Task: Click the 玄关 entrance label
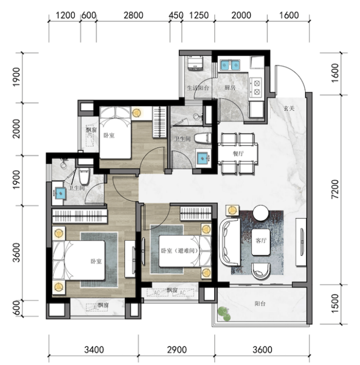pyautogui.click(x=290, y=108)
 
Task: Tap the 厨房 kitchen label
pyautogui.click(x=230, y=88)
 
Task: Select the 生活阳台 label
pyautogui.click(x=198, y=88)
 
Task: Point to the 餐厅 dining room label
pyautogui.click(x=238, y=153)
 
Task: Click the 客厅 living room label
pyautogui.click(x=261, y=241)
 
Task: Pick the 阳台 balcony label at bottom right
pyautogui.click(x=260, y=304)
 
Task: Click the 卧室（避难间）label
pyautogui.click(x=180, y=251)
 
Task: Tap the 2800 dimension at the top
pyautogui.click(x=133, y=16)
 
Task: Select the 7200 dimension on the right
pyautogui.click(x=335, y=189)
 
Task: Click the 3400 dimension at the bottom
pyautogui.click(x=94, y=349)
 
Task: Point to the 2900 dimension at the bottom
pyautogui.click(x=177, y=349)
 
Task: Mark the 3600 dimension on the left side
pyautogui.click(x=17, y=252)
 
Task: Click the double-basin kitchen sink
pyautogui.click(x=230, y=66)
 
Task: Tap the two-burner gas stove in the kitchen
pyautogui.click(x=257, y=88)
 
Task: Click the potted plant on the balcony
pyautogui.click(x=224, y=314)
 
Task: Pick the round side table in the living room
pyautogui.click(x=260, y=213)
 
